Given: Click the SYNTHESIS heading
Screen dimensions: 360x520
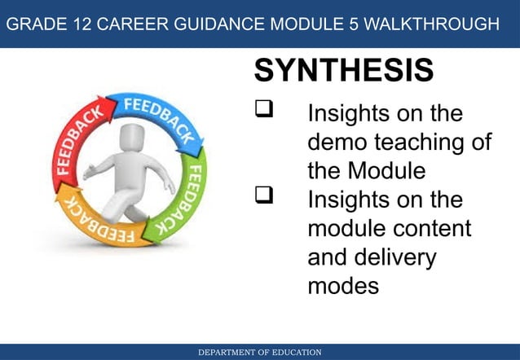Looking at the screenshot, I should [x=343, y=71].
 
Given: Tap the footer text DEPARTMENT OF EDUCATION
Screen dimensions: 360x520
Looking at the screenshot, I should [x=260, y=352].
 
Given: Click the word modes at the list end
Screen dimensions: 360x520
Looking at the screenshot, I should [x=343, y=285].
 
